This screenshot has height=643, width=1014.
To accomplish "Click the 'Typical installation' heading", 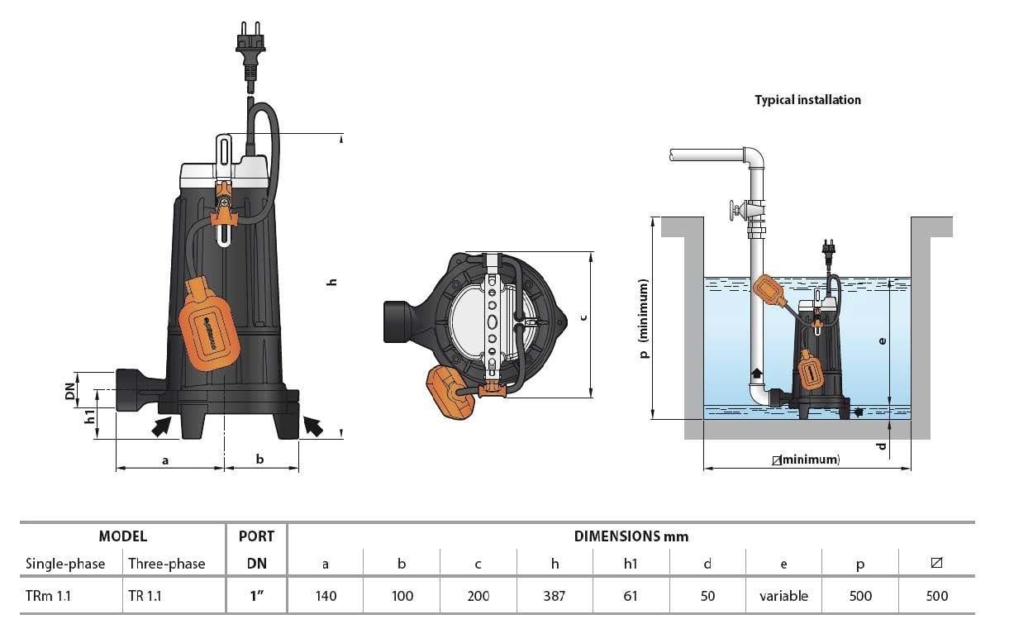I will pyautogui.click(x=807, y=100).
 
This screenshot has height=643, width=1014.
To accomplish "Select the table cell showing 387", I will pyautogui.click(x=555, y=596).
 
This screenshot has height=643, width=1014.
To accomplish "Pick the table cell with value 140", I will pyautogui.click(x=326, y=596).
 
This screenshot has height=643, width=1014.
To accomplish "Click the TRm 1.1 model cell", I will pyautogui.click(x=49, y=596).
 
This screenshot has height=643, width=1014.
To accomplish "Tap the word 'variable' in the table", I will pyautogui.click(x=783, y=596).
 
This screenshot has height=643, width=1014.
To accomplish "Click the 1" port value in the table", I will pyautogui.click(x=256, y=596).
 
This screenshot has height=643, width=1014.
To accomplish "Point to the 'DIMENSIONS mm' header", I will pyautogui.click(x=631, y=536).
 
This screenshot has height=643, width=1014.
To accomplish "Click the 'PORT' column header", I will pyautogui.click(x=256, y=536).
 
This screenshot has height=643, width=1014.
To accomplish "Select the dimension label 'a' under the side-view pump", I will pyautogui.click(x=165, y=459).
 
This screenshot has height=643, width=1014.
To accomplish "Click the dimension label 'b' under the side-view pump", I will pyautogui.click(x=259, y=459).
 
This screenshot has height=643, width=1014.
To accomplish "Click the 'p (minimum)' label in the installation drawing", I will pyautogui.click(x=645, y=318).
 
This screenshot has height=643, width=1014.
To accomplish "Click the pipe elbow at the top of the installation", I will pyautogui.click(x=755, y=157).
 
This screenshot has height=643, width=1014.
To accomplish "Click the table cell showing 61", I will pyautogui.click(x=631, y=596).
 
